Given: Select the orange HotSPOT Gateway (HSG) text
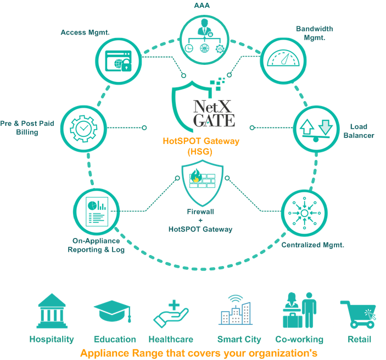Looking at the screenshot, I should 201,146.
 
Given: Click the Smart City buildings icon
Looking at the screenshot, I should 236,312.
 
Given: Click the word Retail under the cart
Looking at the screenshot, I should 359,340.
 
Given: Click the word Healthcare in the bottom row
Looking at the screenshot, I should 171,340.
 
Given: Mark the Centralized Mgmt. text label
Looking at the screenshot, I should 313,245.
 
